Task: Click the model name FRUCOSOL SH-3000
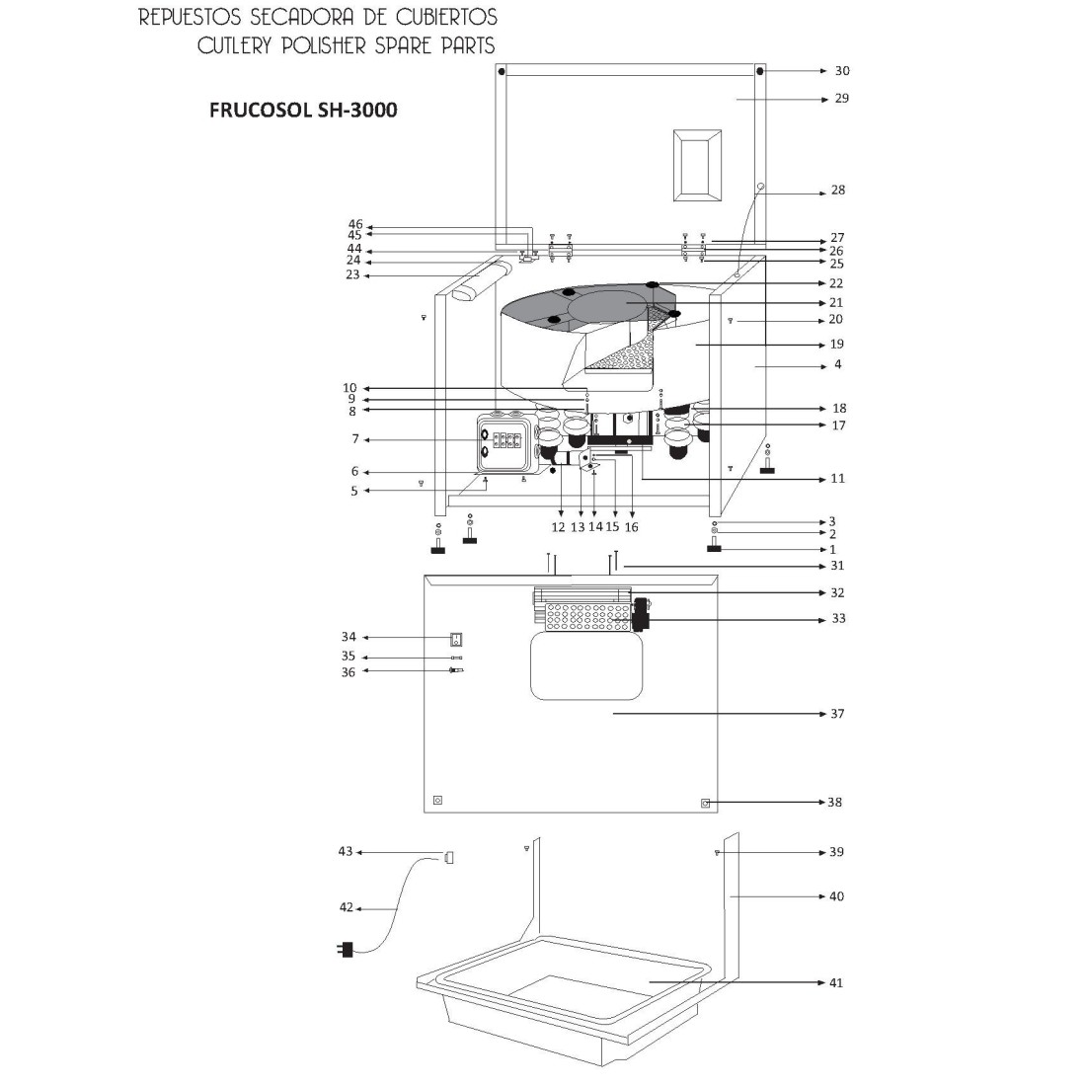click(304, 111)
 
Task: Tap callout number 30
click(841, 71)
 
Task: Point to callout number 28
click(837, 191)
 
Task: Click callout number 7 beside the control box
click(355, 439)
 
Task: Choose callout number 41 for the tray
click(836, 983)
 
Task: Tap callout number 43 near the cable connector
click(346, 851)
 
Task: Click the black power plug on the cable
click(344, 950)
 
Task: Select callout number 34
click(348, 638)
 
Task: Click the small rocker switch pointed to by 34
click(456, 639)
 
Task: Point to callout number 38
click(835, 803)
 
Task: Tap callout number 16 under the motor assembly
click(632, 527)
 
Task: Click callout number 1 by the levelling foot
click(832, 550)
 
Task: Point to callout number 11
click(837, 479)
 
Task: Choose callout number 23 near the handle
click(352, 276)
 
